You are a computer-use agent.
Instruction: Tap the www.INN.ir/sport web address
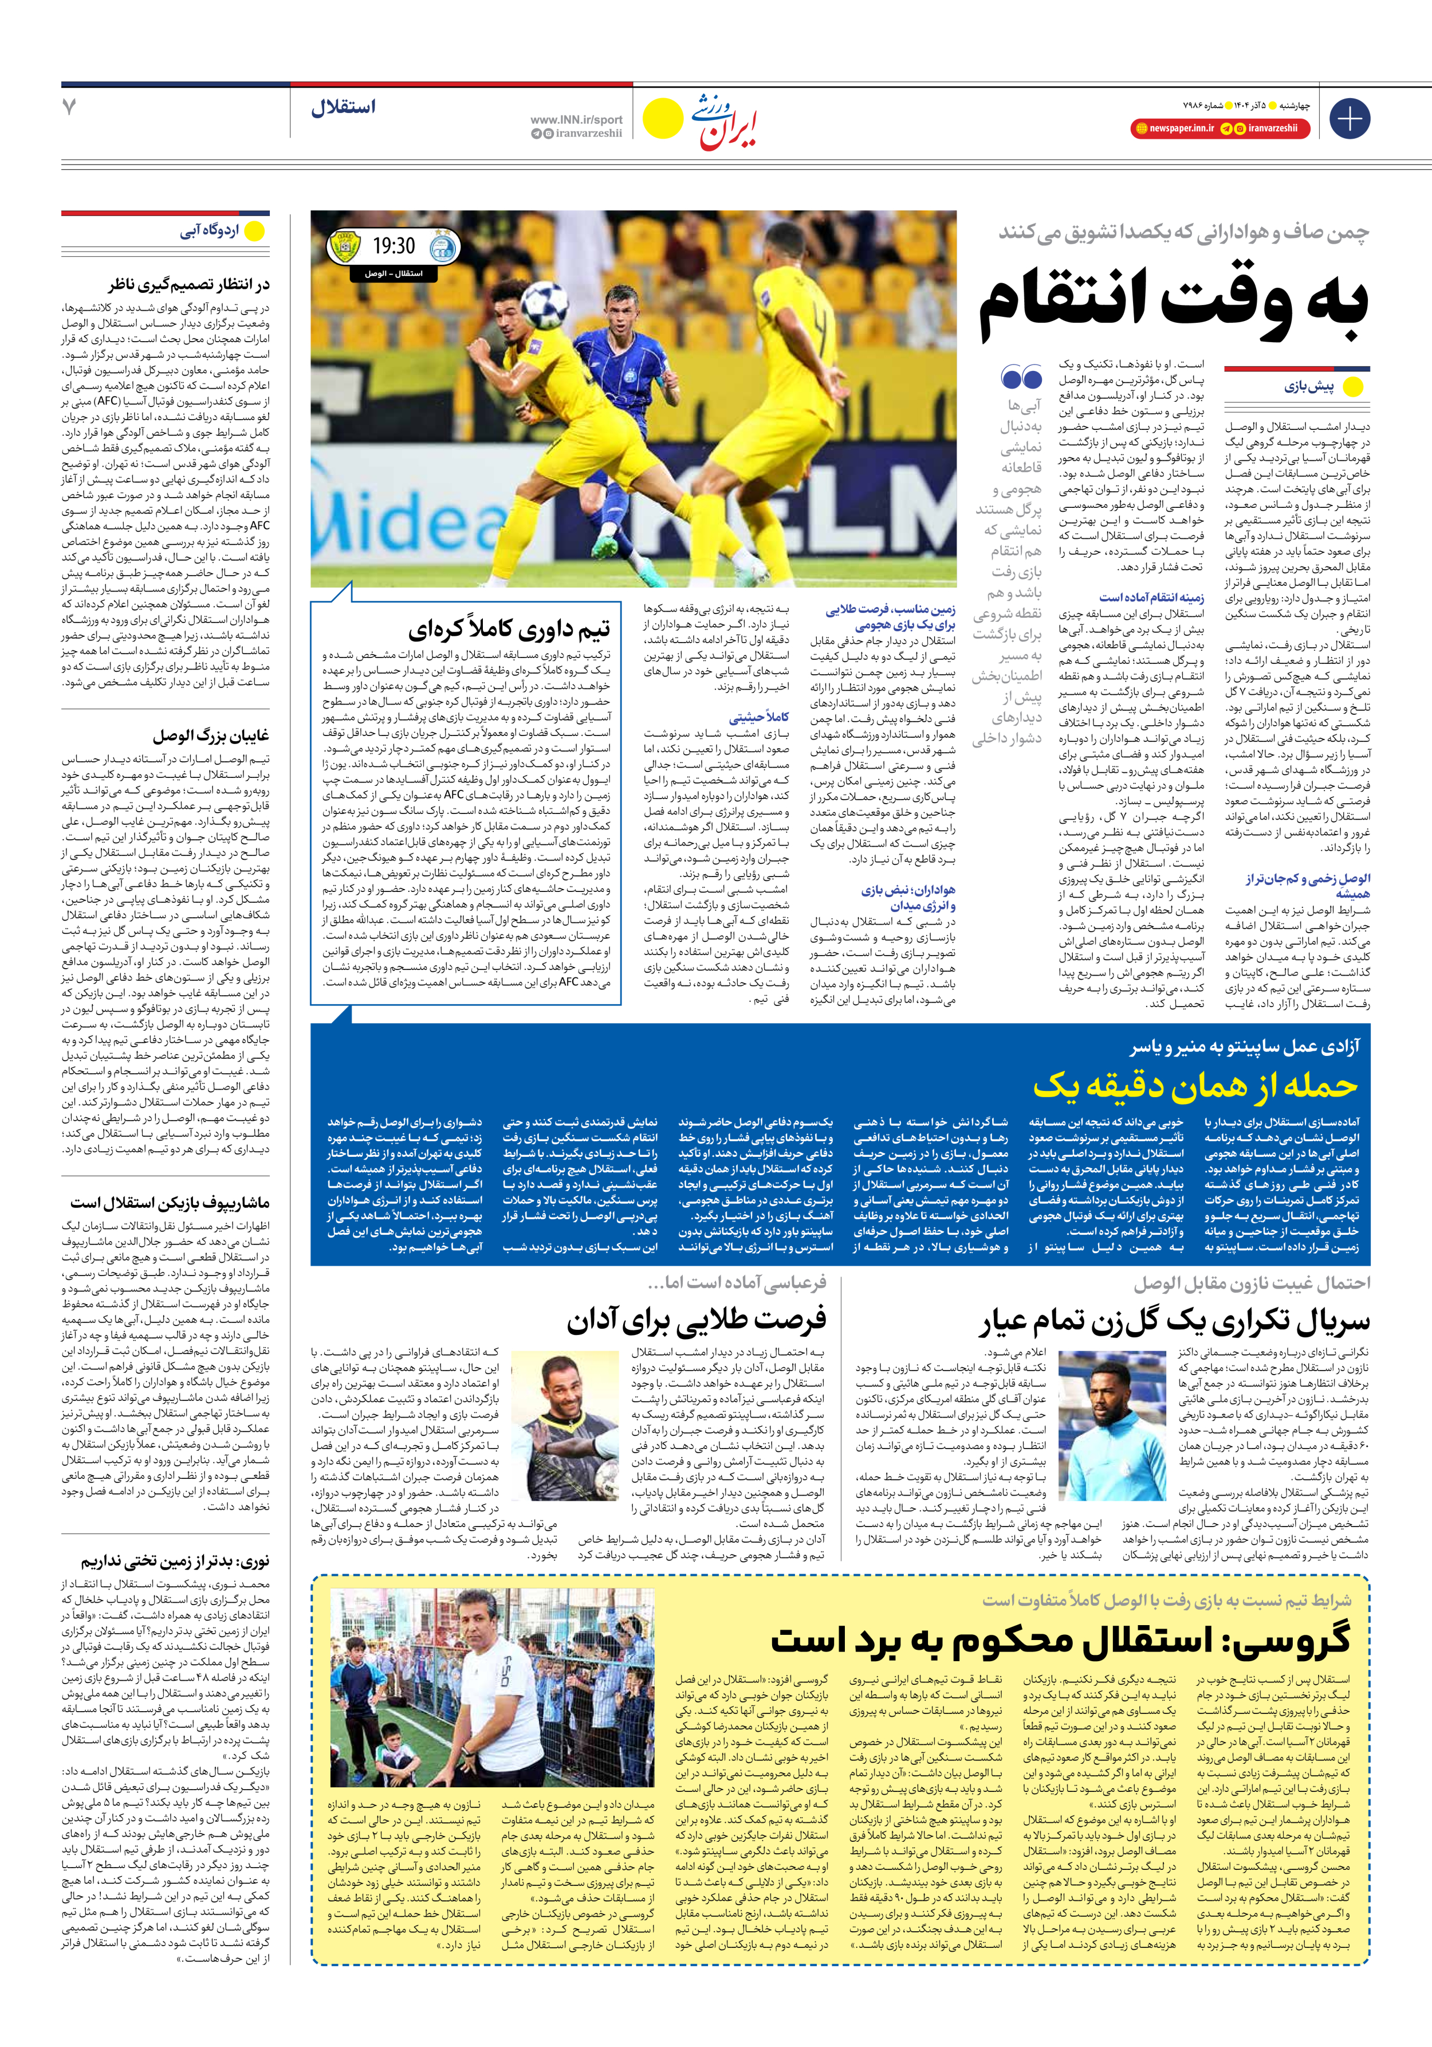577,119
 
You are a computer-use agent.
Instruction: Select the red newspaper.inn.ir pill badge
1174,128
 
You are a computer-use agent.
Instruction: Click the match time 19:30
394,246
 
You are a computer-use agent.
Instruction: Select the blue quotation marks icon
1021,378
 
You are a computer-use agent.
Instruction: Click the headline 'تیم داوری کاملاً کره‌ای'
509,629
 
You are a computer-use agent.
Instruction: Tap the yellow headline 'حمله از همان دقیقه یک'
1194,1085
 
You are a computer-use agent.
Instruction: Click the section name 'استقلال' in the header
343,107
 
